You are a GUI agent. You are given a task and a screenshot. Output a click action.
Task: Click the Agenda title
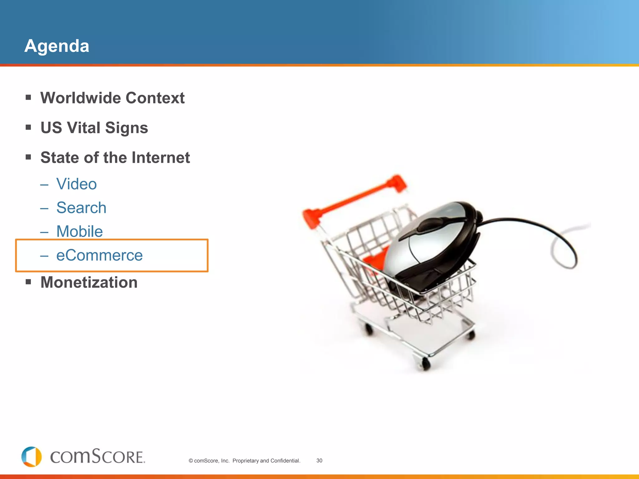pos(57,46)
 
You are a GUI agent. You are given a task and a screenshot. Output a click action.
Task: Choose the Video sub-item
pos(76,184)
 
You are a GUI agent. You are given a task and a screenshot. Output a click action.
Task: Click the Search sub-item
pos(81,208)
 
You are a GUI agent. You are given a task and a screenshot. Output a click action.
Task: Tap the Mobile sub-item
pos(80,231)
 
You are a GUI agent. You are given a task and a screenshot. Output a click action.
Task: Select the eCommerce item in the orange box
pos(99,255)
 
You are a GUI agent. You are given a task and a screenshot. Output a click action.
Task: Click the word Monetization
pos(89,283)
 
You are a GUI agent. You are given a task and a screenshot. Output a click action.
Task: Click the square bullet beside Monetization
pos(28,282)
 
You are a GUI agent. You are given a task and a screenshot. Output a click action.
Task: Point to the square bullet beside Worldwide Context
pos(28,98)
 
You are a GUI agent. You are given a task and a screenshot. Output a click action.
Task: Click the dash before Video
pos(44,185)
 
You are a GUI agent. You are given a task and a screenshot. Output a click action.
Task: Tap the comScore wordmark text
pos(97,457)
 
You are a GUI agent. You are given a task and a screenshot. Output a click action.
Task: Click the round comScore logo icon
pos(32,457)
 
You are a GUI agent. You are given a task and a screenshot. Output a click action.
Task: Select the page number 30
pos(319,461)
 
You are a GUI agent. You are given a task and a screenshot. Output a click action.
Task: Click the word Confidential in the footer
pos(285,461)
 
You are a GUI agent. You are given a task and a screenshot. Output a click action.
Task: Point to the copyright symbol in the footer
pos(191,461)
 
